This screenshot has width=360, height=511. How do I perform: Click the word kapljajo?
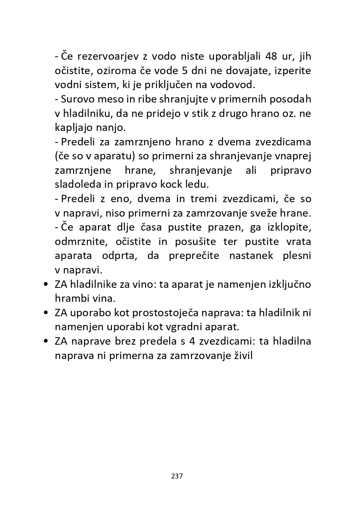pos(73,128)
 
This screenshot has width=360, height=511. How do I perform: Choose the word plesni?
pos(297,256)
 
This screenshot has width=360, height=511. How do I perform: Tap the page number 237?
pos(177,476)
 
